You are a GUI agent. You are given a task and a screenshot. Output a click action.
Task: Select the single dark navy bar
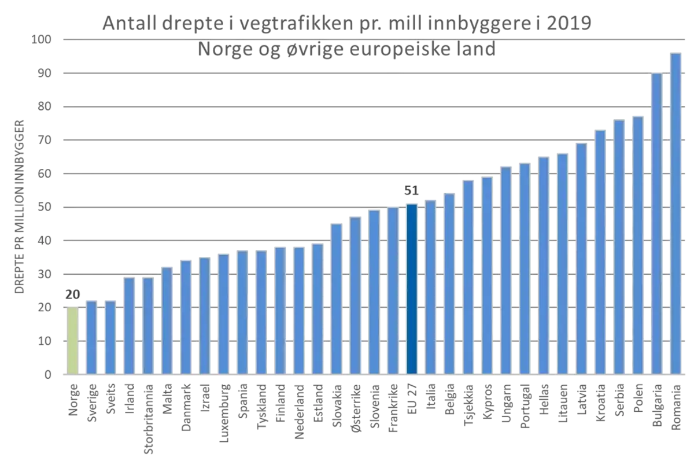click(x=412, y=289)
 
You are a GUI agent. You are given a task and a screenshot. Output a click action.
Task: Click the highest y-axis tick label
click(x=46, y=40)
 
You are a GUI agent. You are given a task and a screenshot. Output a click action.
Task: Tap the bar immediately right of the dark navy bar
click(x=430, y=287)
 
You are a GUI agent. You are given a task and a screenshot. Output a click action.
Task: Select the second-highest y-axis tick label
click(x=49, y=73)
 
